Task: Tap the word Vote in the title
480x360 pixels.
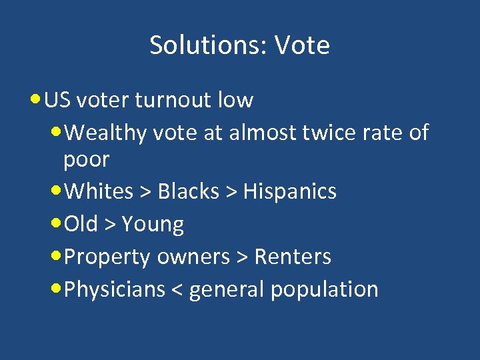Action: pos(302,45)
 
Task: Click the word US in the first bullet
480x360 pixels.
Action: pos(57,100)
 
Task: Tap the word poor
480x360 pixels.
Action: pos(87,160)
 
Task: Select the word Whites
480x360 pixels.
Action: pos(101,191)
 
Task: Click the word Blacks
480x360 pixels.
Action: pos(189,191)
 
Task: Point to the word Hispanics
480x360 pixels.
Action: pos(290,191)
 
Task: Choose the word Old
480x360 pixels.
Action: pos(81,224)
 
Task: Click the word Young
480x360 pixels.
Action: pos(153,225)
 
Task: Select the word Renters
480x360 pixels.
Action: pos(293,257)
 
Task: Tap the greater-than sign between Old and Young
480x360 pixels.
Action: pos(110,225)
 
